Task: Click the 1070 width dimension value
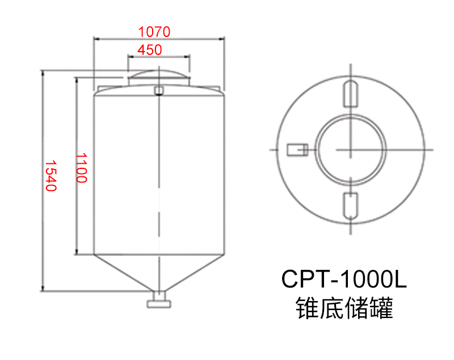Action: click(x=154, y=31)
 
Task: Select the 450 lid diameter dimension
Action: click(x=150, y=49)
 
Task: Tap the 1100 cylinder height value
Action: click(x=82, y=167)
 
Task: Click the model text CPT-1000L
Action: click(x=344, y=279)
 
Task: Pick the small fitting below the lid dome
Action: click(x=158, y=90)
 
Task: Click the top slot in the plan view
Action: click(x=351, y=94)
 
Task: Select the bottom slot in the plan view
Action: click(x=351, y=206)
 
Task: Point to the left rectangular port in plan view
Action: click(x=296, y=149)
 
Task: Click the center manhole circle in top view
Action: click(x=351, y=149)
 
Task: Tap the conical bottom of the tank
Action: click(x=158, y=272)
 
